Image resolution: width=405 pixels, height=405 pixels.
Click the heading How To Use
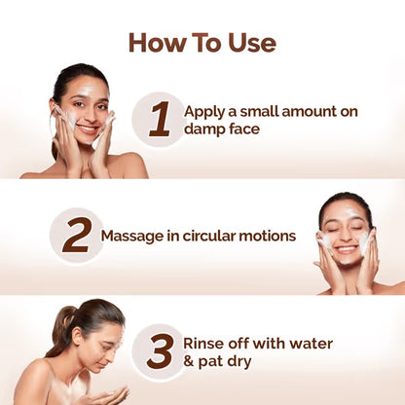point(202,43)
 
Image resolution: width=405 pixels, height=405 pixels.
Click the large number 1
point(159,120)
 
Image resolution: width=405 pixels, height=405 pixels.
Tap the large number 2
point(77,235)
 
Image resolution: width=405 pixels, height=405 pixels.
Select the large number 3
point(159,352)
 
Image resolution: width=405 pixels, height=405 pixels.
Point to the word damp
point(206,129)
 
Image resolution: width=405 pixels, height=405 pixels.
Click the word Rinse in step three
point(207,344)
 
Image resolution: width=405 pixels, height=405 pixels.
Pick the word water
point(311,344)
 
